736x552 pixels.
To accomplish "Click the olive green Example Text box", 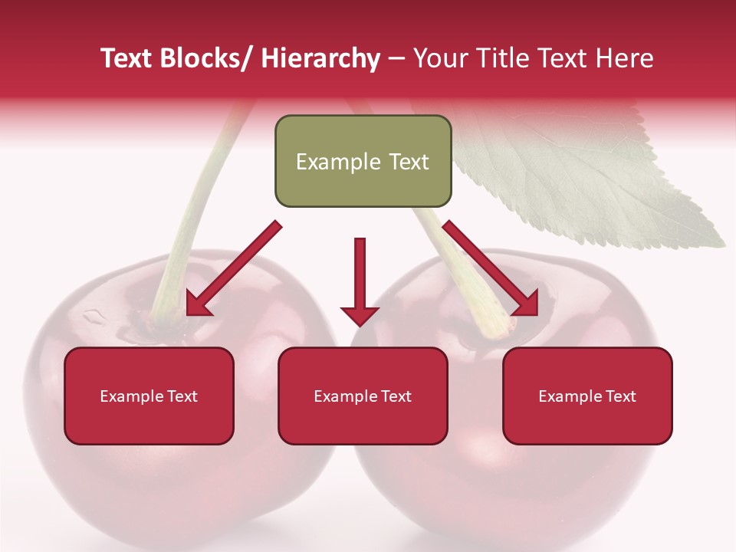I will point(363,161).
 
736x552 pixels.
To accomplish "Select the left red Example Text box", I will point(149,396).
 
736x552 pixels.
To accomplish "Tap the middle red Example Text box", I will point(363,396).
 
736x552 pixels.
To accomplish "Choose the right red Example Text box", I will point(587,396).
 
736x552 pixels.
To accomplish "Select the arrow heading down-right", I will point(491,269).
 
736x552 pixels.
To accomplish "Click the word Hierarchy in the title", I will point(320,58).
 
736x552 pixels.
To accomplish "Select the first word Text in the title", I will point(129,58).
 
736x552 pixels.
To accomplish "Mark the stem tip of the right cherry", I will point(499,330).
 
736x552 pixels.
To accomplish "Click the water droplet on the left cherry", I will point(94,315).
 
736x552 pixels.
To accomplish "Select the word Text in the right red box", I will point(621,396).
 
